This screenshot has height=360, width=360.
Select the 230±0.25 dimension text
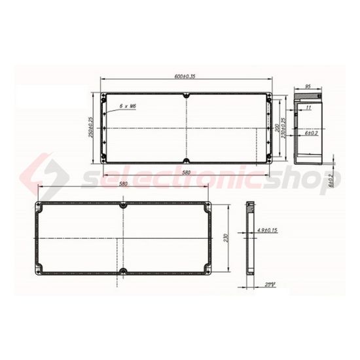pyautogui.click(x=283, y=128)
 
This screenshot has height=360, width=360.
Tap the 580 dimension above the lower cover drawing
pyautogui.click(x=123, y=185)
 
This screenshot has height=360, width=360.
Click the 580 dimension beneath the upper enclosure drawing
pyautogui.click(x=186, y=173)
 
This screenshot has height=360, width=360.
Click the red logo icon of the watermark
pyautogui.click(x=44, y=175)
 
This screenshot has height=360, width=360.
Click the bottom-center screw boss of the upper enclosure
pyautogui.click(x=186, y=160)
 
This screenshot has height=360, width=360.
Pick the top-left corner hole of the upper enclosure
pyautogui.click(x=103, y=97)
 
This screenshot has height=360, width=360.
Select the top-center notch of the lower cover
pyautogui.click(x=123, y=205)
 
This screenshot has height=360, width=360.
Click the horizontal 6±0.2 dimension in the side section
pyautogui.click(x=312, y=132)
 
